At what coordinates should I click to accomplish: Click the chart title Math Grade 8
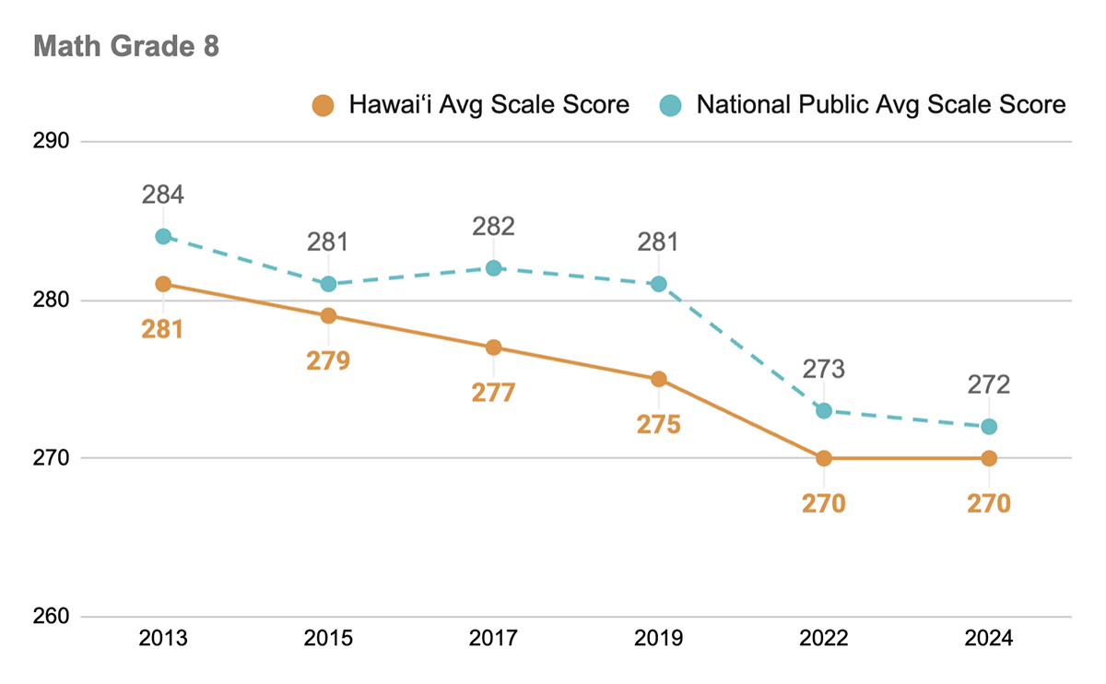126,47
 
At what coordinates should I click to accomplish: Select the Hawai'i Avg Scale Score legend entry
471,104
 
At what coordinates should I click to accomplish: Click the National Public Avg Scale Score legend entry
863,104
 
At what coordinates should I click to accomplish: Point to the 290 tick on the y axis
53,142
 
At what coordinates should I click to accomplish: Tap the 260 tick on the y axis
53,617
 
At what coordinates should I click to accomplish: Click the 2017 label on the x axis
493,639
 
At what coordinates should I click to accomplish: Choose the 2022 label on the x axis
823,639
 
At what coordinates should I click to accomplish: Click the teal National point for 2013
163,236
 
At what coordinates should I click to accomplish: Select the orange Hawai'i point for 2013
163,284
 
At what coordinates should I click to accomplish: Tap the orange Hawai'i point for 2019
658,379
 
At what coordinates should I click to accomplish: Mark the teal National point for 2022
823,410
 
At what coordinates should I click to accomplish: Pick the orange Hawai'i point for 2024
988,458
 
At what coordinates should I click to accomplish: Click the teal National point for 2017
493,268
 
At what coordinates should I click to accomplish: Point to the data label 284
163,195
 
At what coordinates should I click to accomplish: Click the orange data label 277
493,393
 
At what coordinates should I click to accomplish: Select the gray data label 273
823,370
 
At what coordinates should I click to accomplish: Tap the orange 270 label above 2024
988,503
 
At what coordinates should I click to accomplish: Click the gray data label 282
493,227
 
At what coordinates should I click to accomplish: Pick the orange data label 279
328,360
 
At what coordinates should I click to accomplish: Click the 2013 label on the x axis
163,639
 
